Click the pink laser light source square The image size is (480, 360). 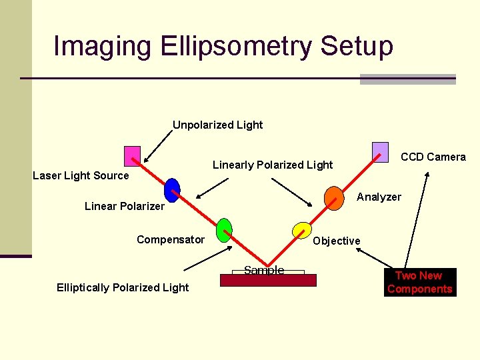coord(133,156)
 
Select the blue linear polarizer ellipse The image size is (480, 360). coord(172,190)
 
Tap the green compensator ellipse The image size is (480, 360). coord(225,230)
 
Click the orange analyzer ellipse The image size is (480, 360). coord(334,197)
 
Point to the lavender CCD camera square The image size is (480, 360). coord(380,152)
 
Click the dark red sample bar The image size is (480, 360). coord(268,280)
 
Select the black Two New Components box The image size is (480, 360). coord(420,282)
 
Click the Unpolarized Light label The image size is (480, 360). coord(218,125)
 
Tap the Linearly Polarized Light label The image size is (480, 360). coord(273,165)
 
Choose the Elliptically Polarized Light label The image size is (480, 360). coord(123,287)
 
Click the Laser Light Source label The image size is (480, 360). coord(81,175)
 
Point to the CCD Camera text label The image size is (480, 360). coord(433,157)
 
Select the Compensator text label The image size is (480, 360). coord(171,239)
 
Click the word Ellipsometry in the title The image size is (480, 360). coord(236,47)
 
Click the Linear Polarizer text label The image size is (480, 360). coord(125,206)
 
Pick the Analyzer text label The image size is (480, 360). coord(379,197)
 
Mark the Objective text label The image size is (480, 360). coord(337,241)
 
